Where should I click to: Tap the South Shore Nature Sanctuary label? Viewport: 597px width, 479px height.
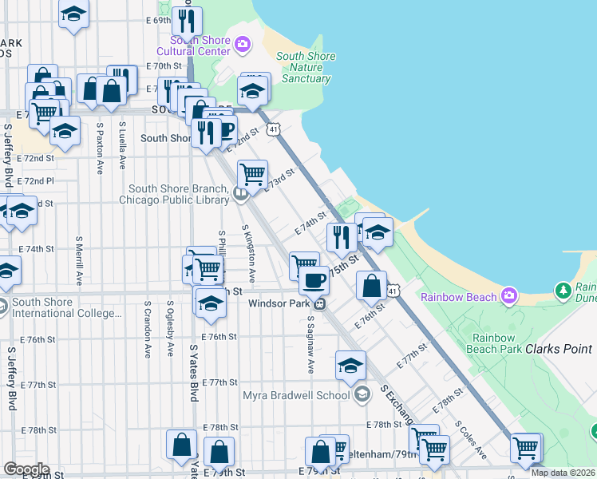click(305, 67)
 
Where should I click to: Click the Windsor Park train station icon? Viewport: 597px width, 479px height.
click(319, 303)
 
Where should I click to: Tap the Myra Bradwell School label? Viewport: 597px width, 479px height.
click(296, 394)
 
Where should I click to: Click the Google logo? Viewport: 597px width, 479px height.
click(26, 469)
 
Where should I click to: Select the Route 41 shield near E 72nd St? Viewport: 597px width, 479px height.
click(274, 129)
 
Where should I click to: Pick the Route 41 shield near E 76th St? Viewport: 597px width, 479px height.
click(393, 292)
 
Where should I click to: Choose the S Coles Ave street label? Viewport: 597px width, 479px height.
click(470, 440)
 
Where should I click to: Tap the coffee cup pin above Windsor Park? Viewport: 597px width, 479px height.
click(314, 279)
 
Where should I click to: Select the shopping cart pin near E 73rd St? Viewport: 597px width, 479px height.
click(252, 172)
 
